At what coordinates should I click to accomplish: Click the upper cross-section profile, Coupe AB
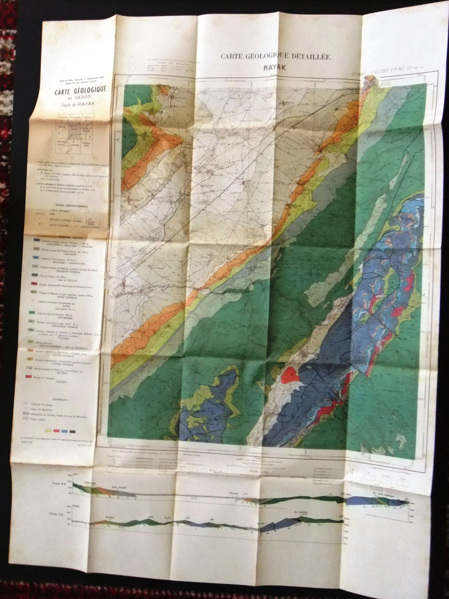tap(239, 495)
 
